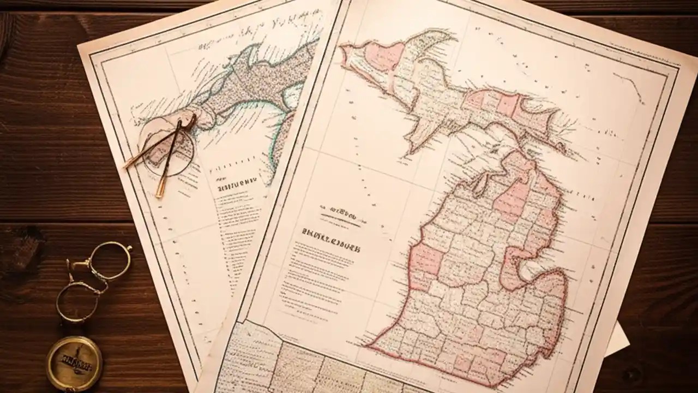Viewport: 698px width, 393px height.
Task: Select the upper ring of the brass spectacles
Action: (x=110, y=261)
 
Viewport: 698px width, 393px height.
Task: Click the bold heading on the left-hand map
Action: (x=237, y=183)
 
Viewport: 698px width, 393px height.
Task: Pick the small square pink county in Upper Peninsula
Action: (x=506, y=105)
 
